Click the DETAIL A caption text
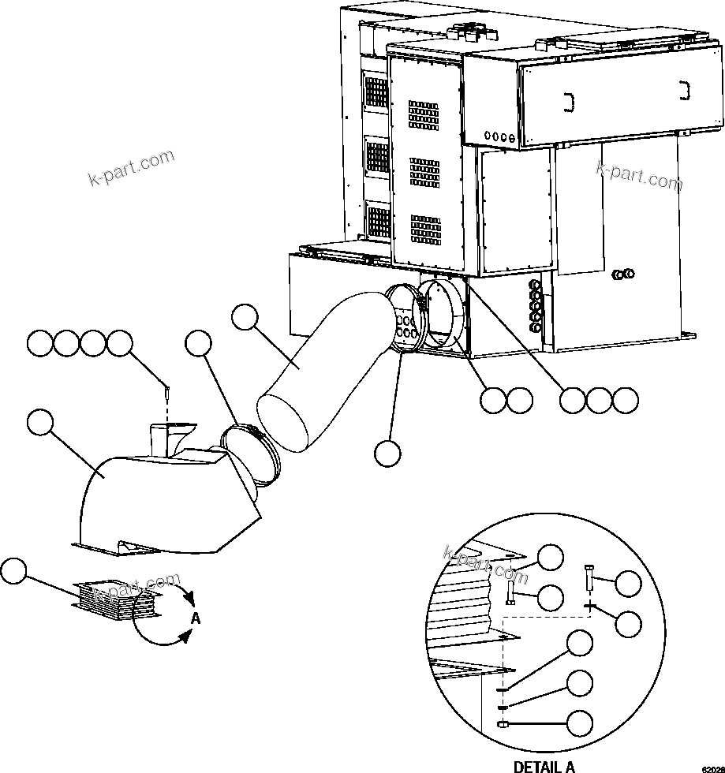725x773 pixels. (x=544, y=765)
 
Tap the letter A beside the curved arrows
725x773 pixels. (x=196, y=618)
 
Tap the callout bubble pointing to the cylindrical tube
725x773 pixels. (x=245, y=319)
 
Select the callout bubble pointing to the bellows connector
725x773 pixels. (x=15, y=572)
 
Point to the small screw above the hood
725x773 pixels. (x=168, y=390)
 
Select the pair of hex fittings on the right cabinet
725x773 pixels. (x=623, y=274)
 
